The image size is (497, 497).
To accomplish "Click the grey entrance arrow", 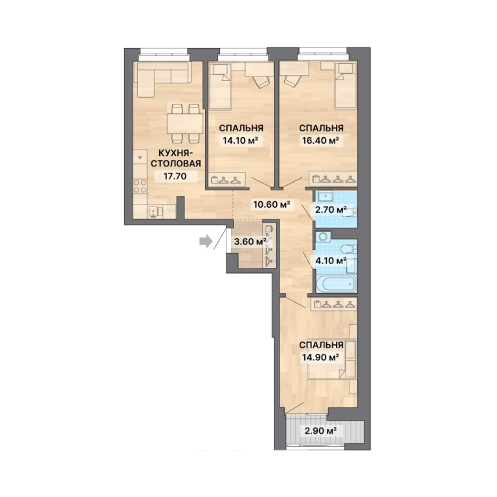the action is pyautogui.click(x=206, y=241).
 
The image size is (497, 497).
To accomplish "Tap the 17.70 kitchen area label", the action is pyautogui.click(x=175, y=176).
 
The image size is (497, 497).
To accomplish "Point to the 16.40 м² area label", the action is pyautogui.click(x=320, y=140).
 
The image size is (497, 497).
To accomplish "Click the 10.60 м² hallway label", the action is pyautogui.click(x=272, y=204).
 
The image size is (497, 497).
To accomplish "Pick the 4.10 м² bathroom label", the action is pyautogui.click(x=330, y=261).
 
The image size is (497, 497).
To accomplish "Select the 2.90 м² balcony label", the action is pyautogui.click(x=320, y=431).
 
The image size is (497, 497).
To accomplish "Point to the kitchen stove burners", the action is pyautogui.click(x=140, y=186).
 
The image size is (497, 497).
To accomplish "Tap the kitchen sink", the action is pyautogui.click(x=154, y=212).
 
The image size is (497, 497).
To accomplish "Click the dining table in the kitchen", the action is pyautogui.click(x=186, y=124).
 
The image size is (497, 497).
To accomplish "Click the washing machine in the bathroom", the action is pyautogui.click(x=324, y=237).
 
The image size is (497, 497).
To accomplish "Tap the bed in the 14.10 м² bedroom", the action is pyautogui.click(x=220, y=86).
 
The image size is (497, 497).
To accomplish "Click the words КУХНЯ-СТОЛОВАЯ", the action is pyautogui.click(x=175, y=158).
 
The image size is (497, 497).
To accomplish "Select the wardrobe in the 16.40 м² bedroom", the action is pyautogui.click(x=333, y=179).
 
